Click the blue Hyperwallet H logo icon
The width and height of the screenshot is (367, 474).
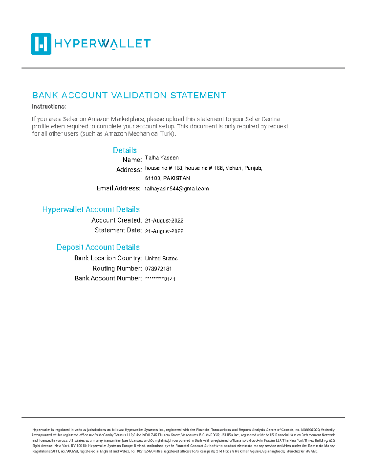(41, 44)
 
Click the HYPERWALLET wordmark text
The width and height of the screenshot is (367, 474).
(102, 44)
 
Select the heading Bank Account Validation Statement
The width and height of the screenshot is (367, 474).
(129, 96)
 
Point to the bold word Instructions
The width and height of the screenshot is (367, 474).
(49, 107)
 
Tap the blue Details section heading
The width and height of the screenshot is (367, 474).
(125, 150)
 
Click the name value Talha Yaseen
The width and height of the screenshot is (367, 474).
(161, 158)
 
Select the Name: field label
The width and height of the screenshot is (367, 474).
(132, 160)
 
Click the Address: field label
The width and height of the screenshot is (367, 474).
(129, 170)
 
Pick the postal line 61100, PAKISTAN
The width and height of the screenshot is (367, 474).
(167, 178)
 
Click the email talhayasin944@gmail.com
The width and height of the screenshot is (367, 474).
(176, 189)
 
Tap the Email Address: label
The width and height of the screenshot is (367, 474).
(118, 189)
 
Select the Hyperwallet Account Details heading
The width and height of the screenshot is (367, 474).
(91, 209)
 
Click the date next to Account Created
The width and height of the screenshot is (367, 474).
(164, 221)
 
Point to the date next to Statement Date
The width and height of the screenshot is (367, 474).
(164, 231)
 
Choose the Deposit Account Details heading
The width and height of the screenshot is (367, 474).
(98, 247)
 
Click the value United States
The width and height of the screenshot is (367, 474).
(161, 259)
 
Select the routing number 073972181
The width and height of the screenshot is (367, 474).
(158, 269)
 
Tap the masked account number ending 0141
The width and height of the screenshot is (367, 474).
(160, 279)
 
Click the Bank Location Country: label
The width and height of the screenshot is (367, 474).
(108, 258)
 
